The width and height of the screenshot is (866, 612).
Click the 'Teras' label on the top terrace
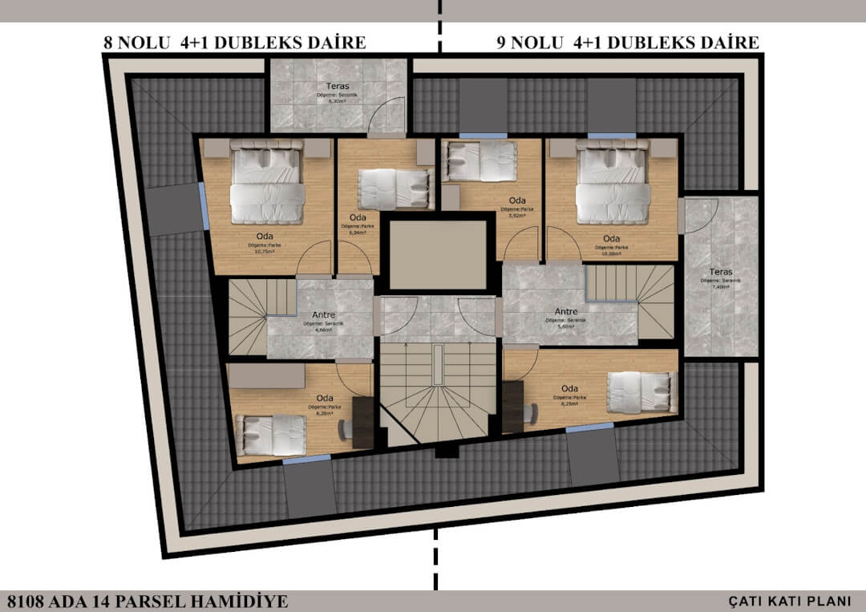click(337, 86)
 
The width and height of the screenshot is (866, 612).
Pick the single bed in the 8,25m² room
click(641, 393)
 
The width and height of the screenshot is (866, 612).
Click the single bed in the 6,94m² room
click(393, 189)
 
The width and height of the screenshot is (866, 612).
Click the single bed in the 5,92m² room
click(480, 160)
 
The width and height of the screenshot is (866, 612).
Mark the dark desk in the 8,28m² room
click(363, 422)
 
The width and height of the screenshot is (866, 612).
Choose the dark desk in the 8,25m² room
click(513, 406)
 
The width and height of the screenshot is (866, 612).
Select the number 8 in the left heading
click(108, 43)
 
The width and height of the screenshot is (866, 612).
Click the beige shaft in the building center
click(437, 253)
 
